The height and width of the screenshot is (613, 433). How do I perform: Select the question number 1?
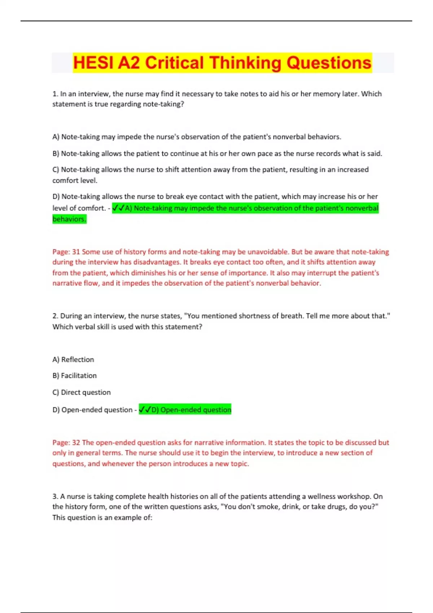point(55,94)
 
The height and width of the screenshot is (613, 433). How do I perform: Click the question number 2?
point(55,316)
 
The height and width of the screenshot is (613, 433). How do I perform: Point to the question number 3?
point(55,497)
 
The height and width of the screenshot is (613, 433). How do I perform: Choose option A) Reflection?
point(73,360)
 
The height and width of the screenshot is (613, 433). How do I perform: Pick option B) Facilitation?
point(75,376)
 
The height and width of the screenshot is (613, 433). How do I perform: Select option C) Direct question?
point(82,392)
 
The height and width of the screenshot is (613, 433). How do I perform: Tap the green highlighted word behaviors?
point(69,219)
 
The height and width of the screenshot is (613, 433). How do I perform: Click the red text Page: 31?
point(66,252)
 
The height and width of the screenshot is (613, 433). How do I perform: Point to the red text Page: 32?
point(66,443)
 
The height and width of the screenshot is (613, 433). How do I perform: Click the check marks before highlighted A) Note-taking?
point(118,208)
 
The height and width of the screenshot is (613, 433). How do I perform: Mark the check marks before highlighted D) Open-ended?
point(145,410)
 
